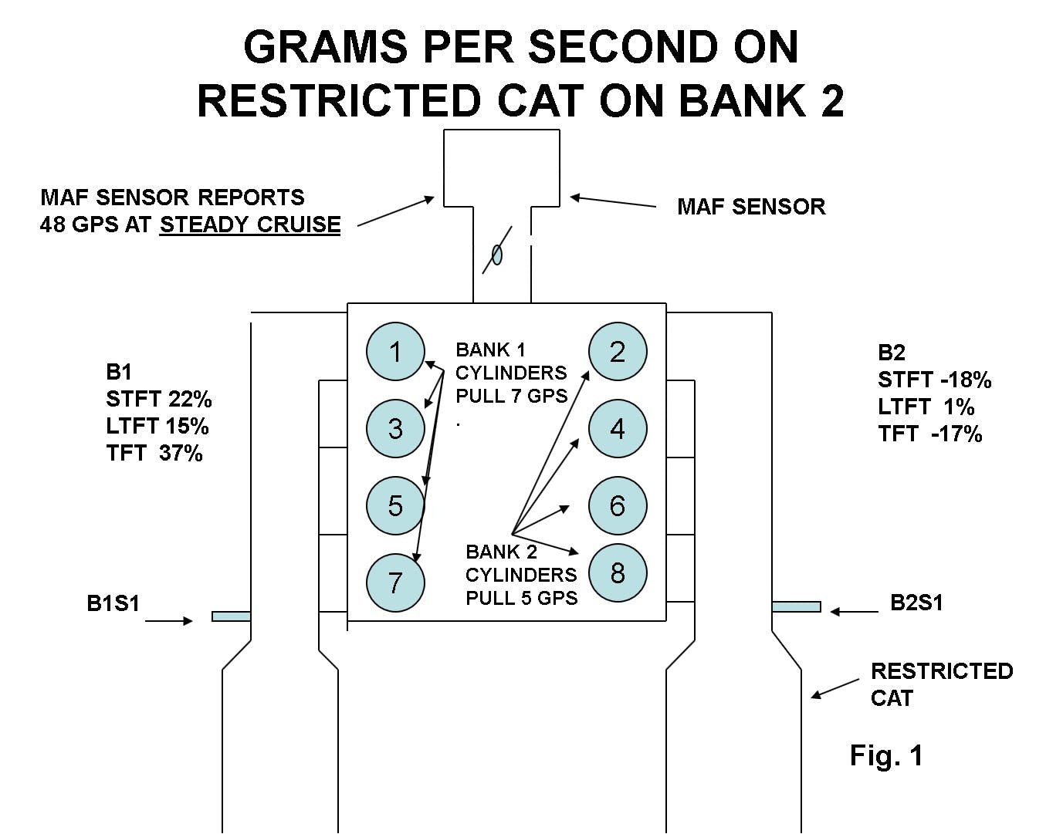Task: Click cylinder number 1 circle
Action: point(395,352)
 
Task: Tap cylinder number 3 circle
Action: point(395,428)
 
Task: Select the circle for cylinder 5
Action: point(395,505)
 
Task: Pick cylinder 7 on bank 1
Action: point(395,582)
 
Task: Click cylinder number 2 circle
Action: point(618,352)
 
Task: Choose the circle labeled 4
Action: point(618,428)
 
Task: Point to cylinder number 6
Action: point(618,505)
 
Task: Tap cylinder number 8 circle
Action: point(618,573)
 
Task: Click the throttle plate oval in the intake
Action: point(497,254)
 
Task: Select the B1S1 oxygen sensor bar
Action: point(231,616)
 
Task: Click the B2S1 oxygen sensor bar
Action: point(796,607)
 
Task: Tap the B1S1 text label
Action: point(113,603)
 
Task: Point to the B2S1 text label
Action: point(916,603)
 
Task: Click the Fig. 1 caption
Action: point(886,755)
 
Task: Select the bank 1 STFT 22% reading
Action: point(159,400)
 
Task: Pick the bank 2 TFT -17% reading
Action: point(930,434)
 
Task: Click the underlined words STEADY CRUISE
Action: point(250,225)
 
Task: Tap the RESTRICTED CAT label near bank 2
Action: point(941,684)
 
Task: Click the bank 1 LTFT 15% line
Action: point(157,427)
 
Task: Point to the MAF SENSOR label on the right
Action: point(751,207)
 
